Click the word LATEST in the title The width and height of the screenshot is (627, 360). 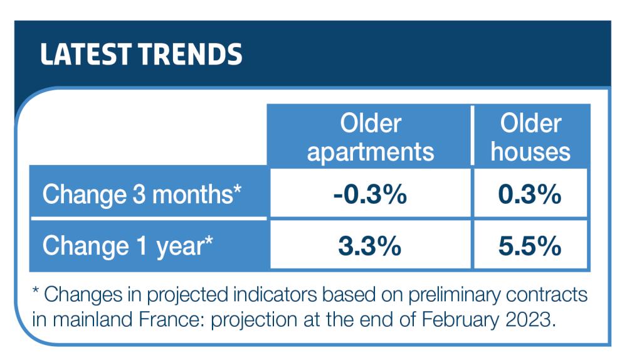point(86,54)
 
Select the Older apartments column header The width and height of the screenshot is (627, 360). point(371,137)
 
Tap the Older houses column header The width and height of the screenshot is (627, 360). point(530,137)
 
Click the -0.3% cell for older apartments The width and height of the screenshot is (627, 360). point(370,194)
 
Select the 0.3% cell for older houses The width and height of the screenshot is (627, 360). point(530,194)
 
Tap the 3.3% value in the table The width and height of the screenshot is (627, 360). point(370,246)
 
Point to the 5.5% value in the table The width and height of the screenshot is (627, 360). point(530,246)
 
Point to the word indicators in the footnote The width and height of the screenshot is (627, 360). point(275,295)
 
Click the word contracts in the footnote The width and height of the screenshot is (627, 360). point(547,295)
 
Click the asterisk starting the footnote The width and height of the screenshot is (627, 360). point(36,290)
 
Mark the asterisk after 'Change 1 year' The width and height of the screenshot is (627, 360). point(209,240)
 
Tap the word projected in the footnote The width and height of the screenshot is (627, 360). point(187,295)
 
